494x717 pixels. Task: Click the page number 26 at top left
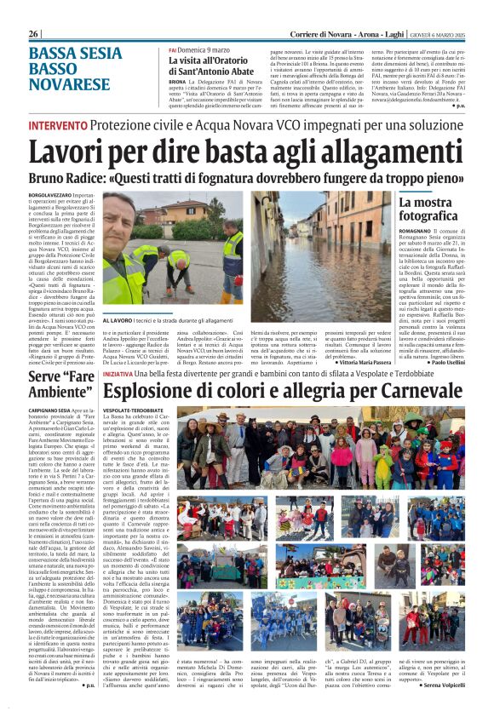[35, 33]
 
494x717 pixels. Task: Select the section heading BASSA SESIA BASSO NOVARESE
[68, 70]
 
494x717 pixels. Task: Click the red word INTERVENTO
[57, 126]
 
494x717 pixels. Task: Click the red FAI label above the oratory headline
[173, 51]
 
